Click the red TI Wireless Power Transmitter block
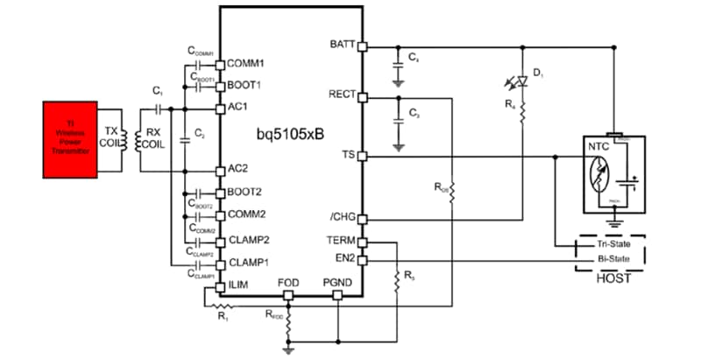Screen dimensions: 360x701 coord(68,138)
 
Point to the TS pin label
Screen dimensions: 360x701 coord(347,155)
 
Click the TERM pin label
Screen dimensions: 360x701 coord(340,242)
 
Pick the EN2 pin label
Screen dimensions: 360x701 coord(343,259)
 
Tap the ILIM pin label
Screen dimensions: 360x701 coord(238,285)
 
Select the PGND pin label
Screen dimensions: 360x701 coord(336,283)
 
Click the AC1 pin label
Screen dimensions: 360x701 coord(237,107)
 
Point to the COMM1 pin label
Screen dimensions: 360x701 coord(245,64)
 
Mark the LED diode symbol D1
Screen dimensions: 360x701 coord(520,80)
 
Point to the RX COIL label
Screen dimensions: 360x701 coord(152,138)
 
